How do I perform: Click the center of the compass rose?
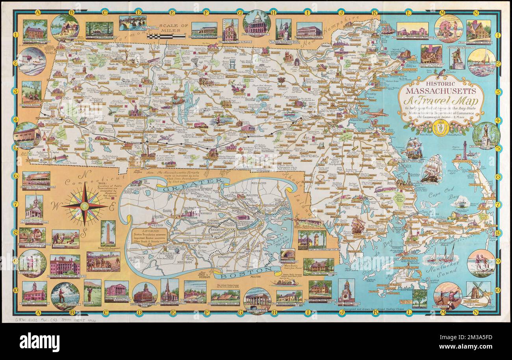point(84,206)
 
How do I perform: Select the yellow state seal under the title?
point(438,128)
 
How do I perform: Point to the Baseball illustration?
point(65,239)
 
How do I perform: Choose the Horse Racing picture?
point(103,262)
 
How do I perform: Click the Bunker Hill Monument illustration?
point(108,233)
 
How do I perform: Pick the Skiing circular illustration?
point(32,61)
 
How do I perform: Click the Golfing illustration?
point(92,292)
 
